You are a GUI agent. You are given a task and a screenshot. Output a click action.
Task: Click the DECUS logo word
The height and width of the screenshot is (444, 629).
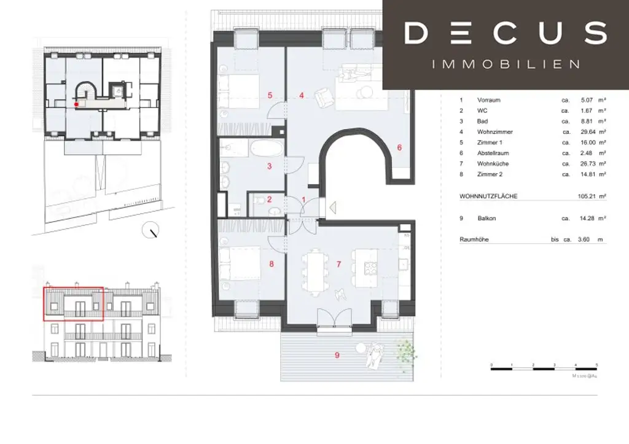[506, 33]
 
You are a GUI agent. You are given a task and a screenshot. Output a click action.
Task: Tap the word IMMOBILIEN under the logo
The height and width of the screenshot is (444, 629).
[506, 64]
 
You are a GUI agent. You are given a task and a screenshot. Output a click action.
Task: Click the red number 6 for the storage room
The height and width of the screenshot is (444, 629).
[399, 147]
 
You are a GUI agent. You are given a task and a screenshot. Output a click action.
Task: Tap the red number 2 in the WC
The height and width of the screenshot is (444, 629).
[269, 199]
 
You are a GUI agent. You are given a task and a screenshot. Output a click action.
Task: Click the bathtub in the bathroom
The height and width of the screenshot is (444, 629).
[267, 149]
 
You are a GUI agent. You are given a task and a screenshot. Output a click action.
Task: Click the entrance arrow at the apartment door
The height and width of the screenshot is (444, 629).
[331, 208]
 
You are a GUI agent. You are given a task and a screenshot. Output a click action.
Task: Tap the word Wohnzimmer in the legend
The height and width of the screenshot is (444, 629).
[494, 132]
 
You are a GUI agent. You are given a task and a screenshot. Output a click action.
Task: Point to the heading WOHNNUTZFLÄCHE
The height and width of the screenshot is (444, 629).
[488, 196]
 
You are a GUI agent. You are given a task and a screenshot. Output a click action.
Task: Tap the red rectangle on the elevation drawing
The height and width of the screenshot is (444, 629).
[73, 303]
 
